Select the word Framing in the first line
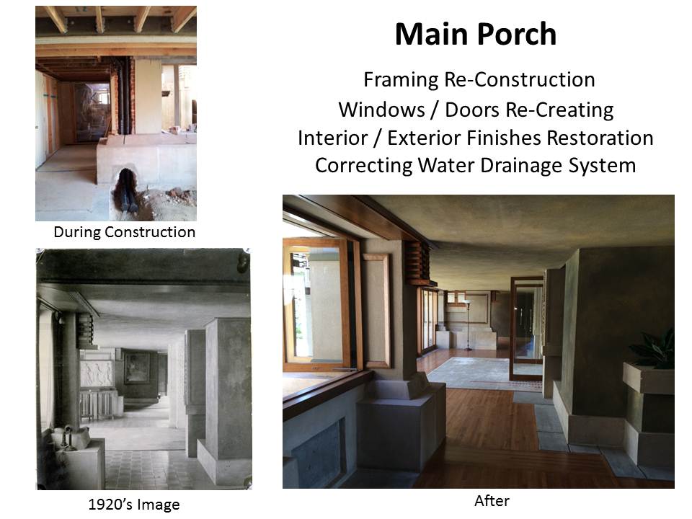(x=401, y=80)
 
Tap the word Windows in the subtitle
(x=381, y=110)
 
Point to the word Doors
(x=472, y=110)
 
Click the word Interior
(x=332, y=138)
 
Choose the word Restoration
(x=600, y=138)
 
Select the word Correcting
(x=364, y=166)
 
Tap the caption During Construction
(x=124, y=232)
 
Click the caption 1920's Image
(x=134, y=505)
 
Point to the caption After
(x=492, y=501)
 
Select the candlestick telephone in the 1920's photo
(x=67, y=436)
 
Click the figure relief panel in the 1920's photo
(x=97, y=373)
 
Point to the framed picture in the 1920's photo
(x=137, y=368)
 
